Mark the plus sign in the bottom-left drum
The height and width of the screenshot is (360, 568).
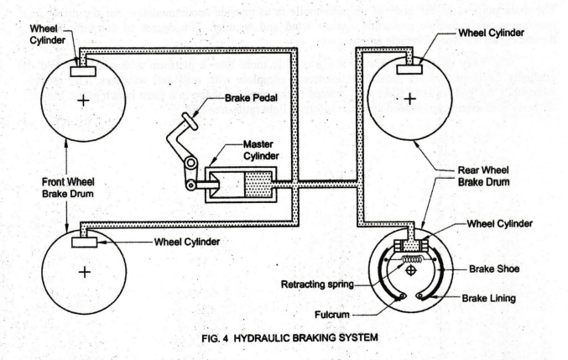(84, 273)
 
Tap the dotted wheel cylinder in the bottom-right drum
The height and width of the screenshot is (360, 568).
(410, 245)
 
